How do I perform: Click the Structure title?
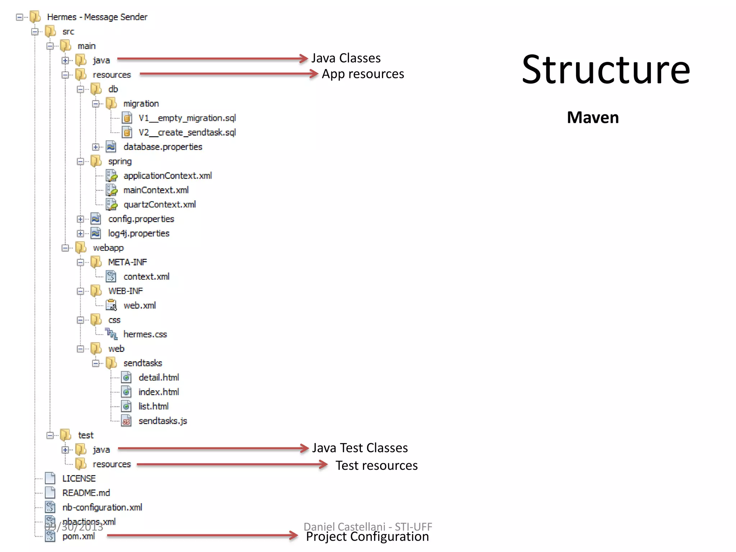tap(606, 69)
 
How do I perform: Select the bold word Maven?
tap(593, 118)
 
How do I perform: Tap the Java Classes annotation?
tap(346, 58)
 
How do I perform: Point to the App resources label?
tap(363, 74)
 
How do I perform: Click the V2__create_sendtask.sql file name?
tap(187, 133)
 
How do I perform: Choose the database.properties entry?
tap(162, 147)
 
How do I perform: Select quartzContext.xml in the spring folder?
tap(160, 204)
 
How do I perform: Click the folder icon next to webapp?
tap(81, 248)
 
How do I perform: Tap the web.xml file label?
tap(139, 305)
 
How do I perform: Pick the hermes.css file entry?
tap(145, 334)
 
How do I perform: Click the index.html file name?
tap(158, 392)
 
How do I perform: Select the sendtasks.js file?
tap(162, 421)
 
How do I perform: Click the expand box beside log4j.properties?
tap(80, 234)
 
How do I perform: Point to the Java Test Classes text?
tap(360, 448)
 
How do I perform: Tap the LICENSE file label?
tap(79, 479)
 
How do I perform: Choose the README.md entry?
tap(86, 493)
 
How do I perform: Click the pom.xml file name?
tap(78, 537)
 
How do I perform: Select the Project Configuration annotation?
tap(367, 537)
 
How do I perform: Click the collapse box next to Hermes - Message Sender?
tap(20, 17)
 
